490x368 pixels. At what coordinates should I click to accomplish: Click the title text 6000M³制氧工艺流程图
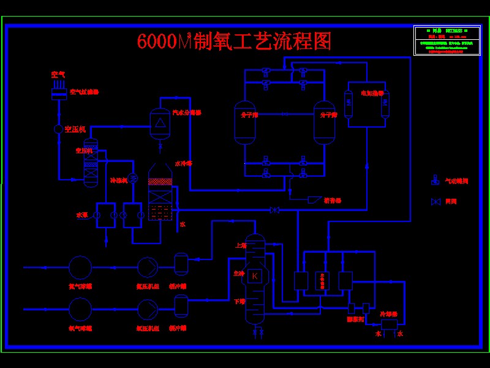(x=235, y=42)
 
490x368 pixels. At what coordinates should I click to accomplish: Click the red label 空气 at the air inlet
(x=58, y=74)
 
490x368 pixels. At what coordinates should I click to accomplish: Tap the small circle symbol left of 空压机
(x=59, y=129)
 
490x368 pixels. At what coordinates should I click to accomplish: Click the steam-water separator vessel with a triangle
(x=160, y=123)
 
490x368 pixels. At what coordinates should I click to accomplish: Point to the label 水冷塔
(x=184, y=164)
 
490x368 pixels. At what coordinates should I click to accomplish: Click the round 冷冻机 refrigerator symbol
(x=134, y=178)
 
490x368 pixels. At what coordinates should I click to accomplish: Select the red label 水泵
(x=82, y=215)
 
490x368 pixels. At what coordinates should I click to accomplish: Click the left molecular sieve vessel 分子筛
(x=245, y=123)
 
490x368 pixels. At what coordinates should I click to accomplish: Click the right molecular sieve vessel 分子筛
(x=325, y=123)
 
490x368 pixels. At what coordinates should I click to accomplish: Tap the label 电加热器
(x=372, y=93)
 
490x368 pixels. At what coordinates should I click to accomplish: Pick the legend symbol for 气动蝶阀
(x=435, y=181)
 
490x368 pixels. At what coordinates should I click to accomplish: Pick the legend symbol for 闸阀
(x=435, y=202)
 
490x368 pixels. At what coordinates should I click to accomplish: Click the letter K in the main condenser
(x=255, y=276)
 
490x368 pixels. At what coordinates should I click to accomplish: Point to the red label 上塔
(x=241, y=246)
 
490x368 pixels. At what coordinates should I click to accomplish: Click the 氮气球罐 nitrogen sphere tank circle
(x=80, y=267)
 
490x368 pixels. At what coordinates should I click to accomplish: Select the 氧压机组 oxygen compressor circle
(x=148, y=309)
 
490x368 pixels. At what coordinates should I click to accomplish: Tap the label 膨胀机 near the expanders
(x=355, y=319)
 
